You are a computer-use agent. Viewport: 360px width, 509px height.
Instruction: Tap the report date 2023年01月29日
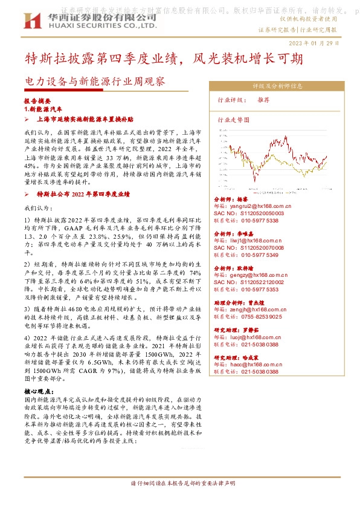tap(315, 44)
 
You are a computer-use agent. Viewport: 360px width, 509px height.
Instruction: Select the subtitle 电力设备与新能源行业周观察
tap(94, 80)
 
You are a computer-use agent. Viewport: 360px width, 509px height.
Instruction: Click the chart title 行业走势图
tap(233, 120)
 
